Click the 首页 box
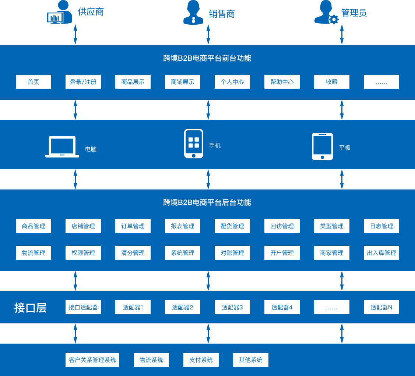point(34,82)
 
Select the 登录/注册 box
point(83,82)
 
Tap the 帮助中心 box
point(282,82)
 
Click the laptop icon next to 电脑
point(62,147)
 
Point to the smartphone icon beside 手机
point(194,143)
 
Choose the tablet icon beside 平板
point(322,146)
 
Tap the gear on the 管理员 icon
point(334,19)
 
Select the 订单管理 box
point(133,226)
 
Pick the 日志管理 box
point(381,226)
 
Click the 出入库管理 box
point(381,253)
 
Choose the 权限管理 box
point(83,253)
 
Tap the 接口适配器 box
point(83,307)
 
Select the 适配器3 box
point(232,307)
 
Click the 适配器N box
point(381,307)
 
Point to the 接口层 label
point(31,308)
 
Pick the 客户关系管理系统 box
point(92,360)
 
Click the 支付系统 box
point(201,360)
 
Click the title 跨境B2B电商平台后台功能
point(207,202)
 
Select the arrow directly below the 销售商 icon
point(208,35)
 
